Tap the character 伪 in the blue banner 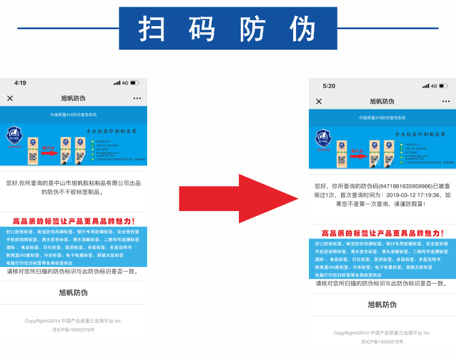coord(303,29)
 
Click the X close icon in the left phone coord(10,98)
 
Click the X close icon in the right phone coord(319,102)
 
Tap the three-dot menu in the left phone coord(137,98)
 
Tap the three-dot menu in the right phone coord(445,102)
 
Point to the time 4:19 coord(20,83)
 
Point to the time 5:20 coord(329,86)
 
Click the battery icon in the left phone coord(134,83)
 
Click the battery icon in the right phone coord(443,86)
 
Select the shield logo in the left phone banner coord(13,135)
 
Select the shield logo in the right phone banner coord(322,139)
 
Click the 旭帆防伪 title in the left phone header coord(73,98)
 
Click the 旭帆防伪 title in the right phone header coord(382,102)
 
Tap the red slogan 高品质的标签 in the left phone coord(73,221)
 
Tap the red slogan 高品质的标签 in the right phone coord(382,234)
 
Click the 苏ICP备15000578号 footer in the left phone coord(73,330)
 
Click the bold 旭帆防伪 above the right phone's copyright coord(382,305)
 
